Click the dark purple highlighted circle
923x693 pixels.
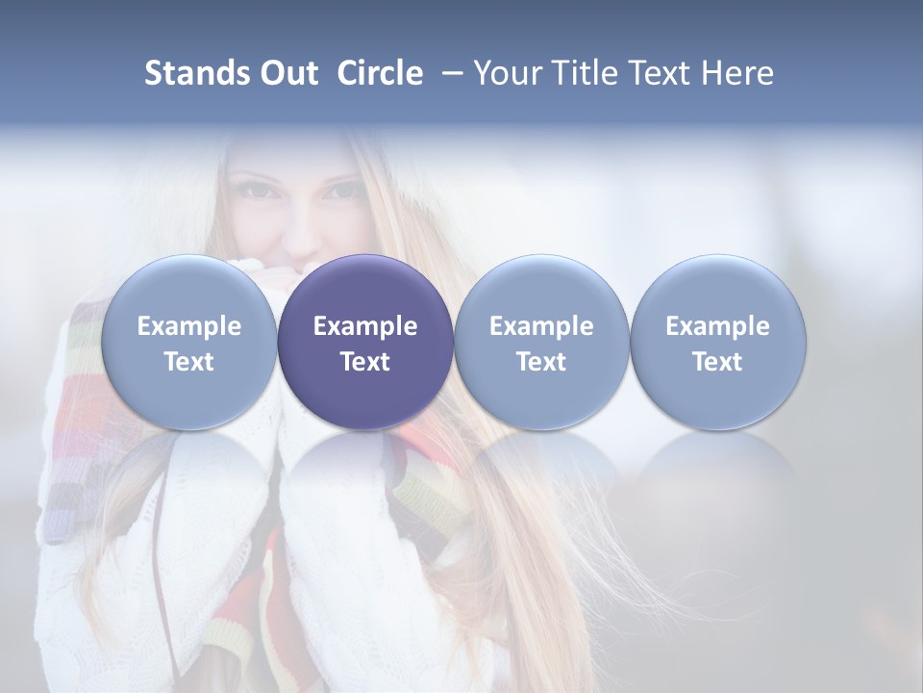(365, 342)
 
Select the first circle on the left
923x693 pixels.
(189, 342)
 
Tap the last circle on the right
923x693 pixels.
(717, 342)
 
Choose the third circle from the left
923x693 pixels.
(541, 342)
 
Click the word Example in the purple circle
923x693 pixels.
(365, 326)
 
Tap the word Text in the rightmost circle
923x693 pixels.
(717, 362)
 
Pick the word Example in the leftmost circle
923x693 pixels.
(189, 326)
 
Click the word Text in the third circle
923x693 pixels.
(541, 362)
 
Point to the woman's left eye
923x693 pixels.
(341, 190)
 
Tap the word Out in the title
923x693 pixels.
(288, 73)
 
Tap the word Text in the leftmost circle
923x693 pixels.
(189, 362)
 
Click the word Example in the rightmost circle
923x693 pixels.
(717, 326)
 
